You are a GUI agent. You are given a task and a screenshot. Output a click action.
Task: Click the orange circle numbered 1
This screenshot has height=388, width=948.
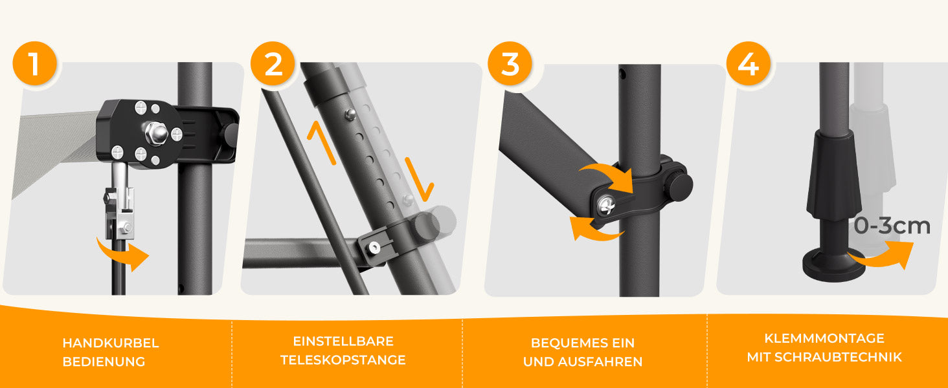(35, 63)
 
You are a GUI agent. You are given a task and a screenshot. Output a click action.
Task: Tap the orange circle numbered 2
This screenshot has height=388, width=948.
(273, 63)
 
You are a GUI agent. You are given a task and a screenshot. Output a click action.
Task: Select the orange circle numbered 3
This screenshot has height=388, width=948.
(510, 63)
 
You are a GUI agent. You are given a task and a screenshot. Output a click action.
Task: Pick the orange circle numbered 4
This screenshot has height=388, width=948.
(749, 63)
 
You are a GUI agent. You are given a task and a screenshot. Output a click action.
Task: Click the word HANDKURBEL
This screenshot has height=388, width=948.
(111, 343)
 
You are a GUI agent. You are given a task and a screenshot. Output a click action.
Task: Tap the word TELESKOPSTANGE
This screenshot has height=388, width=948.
(343, 360)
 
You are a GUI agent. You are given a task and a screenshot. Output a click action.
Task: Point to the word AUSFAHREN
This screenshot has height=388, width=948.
(600, 361)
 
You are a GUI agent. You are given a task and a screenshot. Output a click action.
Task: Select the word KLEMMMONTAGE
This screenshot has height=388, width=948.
(824, 339)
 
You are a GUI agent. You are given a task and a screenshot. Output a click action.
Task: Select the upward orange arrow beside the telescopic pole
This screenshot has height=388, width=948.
(321, 142)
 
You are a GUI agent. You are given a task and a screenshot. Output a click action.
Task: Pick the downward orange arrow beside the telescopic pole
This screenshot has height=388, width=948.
(420, 180)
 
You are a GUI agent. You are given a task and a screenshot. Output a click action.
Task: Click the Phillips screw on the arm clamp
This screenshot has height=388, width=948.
(606, 206)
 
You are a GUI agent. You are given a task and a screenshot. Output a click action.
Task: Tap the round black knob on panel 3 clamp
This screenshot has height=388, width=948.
(680, 186)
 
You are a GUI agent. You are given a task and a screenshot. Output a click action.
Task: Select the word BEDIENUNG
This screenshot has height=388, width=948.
(104, 361)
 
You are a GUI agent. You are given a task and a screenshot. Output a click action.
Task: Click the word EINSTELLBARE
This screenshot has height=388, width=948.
(343, 341)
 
